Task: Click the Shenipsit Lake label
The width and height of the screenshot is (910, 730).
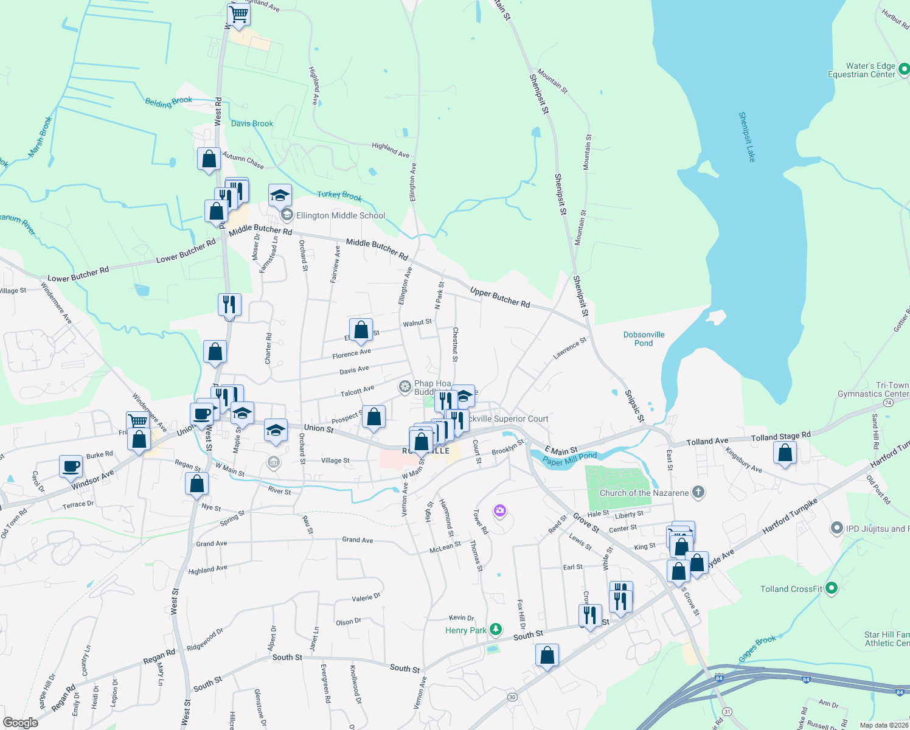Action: (x=747, y=137)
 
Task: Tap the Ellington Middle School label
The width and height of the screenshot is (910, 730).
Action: (x=341, y=215)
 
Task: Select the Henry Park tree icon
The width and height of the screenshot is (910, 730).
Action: (x=496, y=630)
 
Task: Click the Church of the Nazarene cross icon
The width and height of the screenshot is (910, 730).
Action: (x=698, y=493)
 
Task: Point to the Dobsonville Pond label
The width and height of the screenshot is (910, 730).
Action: (x=644, y=339)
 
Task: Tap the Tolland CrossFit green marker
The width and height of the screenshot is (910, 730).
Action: (x=832, y=588)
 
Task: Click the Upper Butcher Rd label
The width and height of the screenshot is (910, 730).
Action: (x=499, y=297)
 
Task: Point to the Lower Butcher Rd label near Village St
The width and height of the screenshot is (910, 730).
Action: (x=78, y=274)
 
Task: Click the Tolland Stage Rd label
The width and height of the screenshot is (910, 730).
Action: (x=780, y=436)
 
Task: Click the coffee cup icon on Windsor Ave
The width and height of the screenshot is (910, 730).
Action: (x=71, y=467)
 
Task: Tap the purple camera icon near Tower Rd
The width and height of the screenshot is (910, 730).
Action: (x=500, y=510)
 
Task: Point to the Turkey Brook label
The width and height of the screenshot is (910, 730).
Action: (x=339, y=195)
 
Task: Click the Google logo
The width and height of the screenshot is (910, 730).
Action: (x=20, y=723)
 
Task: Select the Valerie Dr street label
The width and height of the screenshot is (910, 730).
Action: (x=366, y=598)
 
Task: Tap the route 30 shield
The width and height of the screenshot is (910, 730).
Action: (x=513, y=697)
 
